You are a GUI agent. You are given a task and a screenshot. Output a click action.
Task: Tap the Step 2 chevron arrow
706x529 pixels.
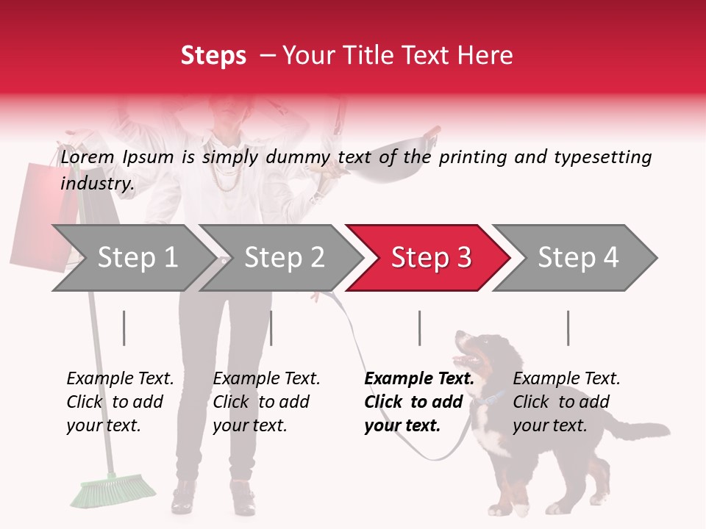(x=282, y=258)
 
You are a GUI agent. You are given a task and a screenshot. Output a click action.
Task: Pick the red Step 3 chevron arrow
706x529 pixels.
(x=429, y=258)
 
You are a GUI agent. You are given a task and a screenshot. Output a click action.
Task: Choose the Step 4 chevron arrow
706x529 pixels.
(x=576, y=258)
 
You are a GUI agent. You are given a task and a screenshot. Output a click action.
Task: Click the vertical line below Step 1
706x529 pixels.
(x=124, y=328)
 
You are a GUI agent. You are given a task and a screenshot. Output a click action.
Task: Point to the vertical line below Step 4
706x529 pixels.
(x=568, y=328)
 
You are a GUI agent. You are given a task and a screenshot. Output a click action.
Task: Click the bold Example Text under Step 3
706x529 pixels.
(x=419, y=379)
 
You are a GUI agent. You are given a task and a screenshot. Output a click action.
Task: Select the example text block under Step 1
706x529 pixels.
(x=120, y=402)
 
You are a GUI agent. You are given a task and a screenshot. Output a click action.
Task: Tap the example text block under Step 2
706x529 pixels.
(x=266, y=402)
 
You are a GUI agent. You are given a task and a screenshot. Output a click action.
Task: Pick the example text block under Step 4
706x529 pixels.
(x=566, y=402)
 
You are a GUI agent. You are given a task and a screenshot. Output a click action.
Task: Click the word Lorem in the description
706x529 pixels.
(x=88, y=157)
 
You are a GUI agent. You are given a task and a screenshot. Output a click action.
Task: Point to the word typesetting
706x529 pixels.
(x=603, y=158)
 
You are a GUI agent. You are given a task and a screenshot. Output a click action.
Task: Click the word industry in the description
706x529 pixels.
(x=96, y=184)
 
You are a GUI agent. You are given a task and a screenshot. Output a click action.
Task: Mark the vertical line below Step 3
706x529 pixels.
(x=420, y=328)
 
